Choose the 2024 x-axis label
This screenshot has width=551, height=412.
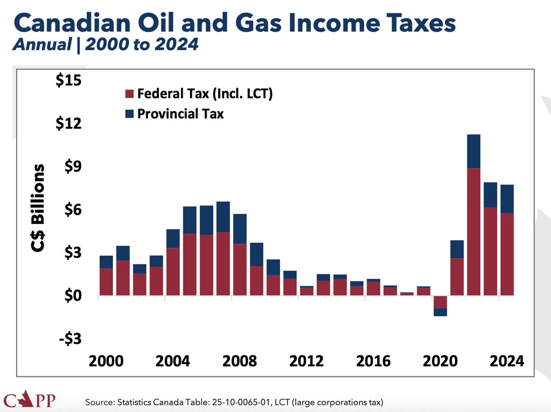506,361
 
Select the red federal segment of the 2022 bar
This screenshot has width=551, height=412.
473,232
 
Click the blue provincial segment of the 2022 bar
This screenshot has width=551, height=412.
473,152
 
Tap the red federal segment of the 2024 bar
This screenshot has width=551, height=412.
506,254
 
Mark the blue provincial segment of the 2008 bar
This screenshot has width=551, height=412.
240,229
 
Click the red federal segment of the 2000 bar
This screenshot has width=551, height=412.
107,282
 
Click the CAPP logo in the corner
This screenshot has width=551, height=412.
29,400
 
